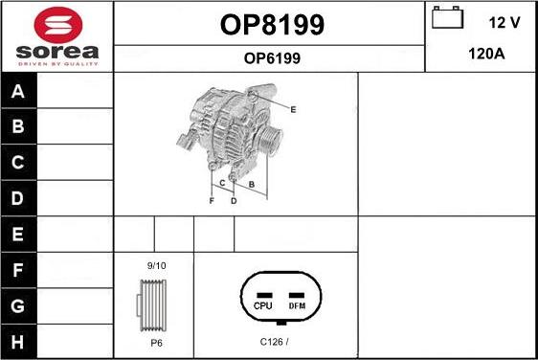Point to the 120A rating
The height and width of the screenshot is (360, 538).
485,55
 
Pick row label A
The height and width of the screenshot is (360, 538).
18,93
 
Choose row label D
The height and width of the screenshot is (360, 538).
18,199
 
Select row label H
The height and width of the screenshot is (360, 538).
18,341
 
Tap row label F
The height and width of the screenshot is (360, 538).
18,271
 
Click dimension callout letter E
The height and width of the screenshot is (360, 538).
293,109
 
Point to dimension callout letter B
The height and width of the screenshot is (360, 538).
251,183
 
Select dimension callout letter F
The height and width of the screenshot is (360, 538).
212,201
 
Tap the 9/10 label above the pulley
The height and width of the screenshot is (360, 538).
155,264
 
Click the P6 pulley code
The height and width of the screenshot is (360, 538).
155,342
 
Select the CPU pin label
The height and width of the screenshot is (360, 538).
264,305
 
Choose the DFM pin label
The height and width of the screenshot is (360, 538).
297,305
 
